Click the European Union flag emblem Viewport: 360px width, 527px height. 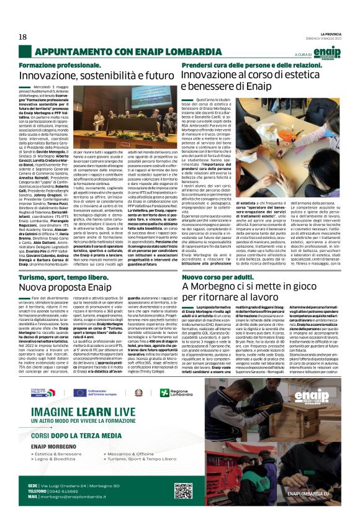pyautogui.click(x=79, y=392)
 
